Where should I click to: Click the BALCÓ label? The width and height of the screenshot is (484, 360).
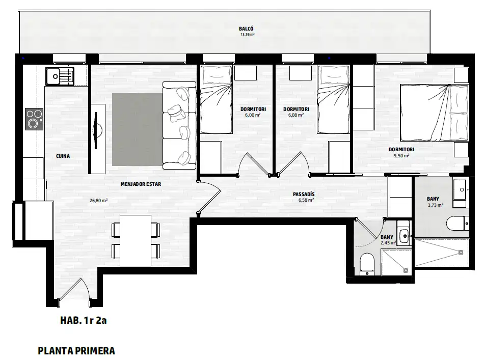click(246, 29)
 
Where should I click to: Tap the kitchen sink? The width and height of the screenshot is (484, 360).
click(60, 76)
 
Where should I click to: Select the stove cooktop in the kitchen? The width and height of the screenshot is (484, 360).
click(34, 119)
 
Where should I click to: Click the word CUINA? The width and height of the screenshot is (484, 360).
click(63, 156)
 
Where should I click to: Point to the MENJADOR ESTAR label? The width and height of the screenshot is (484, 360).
click(141, 184)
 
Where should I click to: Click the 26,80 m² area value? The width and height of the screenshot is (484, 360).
click(98, 201)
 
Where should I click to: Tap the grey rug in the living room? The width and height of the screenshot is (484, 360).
click(137, 129)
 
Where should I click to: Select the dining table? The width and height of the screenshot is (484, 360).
click(136, 240)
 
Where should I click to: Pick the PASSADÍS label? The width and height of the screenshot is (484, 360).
click(304, 195)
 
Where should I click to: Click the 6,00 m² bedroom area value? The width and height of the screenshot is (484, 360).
click(253, 115)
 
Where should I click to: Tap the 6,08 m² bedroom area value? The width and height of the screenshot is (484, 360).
click(296, 115)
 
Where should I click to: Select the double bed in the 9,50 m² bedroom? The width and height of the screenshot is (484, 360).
click(434, 113)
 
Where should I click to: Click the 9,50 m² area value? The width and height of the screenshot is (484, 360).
click(401, 156)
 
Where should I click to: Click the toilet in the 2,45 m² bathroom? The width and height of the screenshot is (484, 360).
click(367, 264)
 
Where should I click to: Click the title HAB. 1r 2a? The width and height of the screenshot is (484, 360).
click(84, 320)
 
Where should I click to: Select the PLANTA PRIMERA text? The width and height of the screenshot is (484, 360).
click(76, 351)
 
